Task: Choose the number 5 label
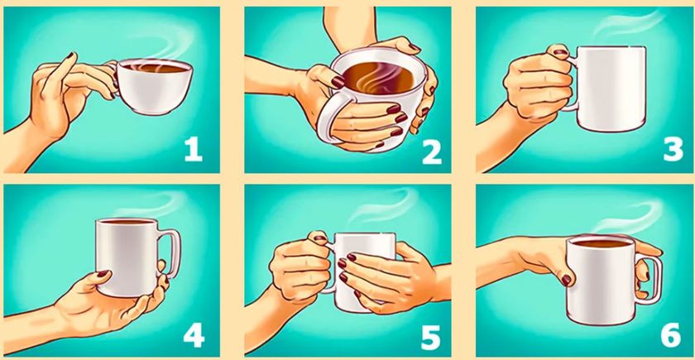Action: point(431,338)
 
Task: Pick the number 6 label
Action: point(671,334)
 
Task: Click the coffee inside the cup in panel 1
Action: point(154,68)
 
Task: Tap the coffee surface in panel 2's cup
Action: point(378,79)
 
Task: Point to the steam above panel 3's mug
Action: point(629,23)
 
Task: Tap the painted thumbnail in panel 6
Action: point(566,280)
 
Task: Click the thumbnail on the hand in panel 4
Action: point(103,274)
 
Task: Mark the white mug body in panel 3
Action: point(611,89)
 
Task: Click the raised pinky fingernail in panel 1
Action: point(71,56)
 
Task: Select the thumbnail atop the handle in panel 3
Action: point(560,52)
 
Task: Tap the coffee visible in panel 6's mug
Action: point(602,243)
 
